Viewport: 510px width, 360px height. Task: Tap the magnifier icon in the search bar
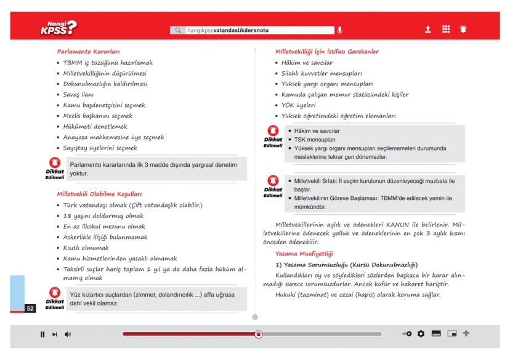[x=179, y=30]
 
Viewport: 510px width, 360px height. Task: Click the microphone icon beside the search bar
[x=339, y=30]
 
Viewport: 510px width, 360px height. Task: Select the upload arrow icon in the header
[x=427, y=29]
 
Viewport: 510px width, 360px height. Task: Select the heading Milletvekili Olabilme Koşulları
[x=99, y=193]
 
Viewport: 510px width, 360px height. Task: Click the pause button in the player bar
[x=42, y=334]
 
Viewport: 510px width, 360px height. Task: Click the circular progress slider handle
[x=259, y=334]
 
